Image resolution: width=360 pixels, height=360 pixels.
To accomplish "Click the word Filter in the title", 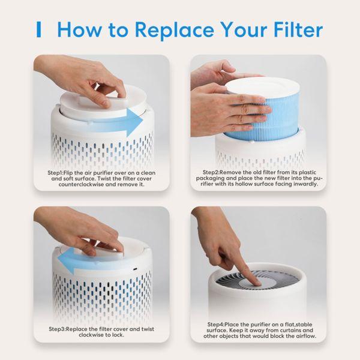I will (x=291, y=29).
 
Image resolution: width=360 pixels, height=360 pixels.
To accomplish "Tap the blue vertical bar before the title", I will (x=39, y=29).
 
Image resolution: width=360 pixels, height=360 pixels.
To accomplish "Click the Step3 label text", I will (x=61, y=329).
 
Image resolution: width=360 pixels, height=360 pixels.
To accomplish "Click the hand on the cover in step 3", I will (x=90, y=231).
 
